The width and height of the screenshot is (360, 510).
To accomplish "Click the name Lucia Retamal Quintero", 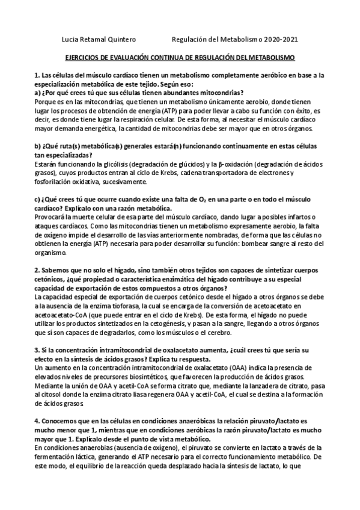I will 99,40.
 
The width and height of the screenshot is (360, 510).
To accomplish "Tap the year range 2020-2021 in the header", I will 279,40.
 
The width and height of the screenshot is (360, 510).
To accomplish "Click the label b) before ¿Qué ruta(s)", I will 37,147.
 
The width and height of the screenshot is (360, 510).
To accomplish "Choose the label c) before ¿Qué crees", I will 37,199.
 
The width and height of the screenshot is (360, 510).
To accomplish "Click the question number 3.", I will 36,351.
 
